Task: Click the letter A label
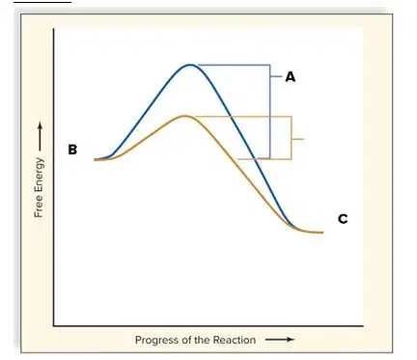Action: pos(291,77)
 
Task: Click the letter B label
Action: pos(72,150)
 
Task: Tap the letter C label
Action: pos(343,219)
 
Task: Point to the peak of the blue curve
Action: pos(190,65)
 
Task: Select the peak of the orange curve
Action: pos(185,116)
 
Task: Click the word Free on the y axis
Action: pos(39,208)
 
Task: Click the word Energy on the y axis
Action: pos(39,177)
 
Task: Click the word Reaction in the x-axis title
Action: pos(235,340)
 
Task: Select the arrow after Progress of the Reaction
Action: pos(280,340)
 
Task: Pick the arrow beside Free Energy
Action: pos(40,136)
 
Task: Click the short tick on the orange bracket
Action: pos(297,139)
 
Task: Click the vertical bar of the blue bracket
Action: pos(270,112)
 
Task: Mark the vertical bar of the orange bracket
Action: pos(292,138)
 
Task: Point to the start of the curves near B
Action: pos(95,159)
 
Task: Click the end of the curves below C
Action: pos(322,232)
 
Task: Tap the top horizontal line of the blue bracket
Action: pos(234,65)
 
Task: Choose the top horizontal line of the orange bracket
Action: pos(243,116)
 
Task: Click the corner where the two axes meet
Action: pos(54,325)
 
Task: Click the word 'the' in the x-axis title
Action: pos(202,340)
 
